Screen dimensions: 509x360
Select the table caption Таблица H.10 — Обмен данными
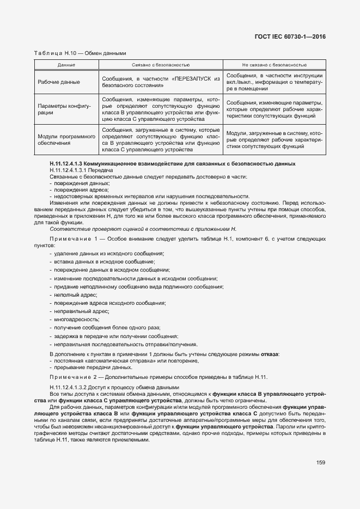click(80, 53)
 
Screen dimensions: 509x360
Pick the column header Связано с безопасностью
click(160, 65)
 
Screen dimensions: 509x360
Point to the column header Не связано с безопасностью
click(274, 65)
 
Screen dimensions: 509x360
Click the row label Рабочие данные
click(59, 82)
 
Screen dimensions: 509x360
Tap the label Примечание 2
click(70, 377)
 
